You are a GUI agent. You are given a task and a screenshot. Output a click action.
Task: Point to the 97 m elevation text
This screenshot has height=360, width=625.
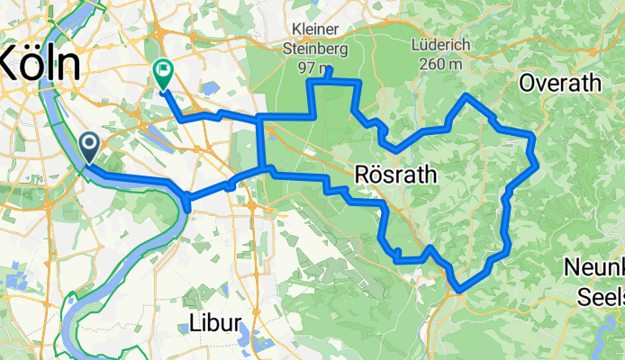[x=312, y=67]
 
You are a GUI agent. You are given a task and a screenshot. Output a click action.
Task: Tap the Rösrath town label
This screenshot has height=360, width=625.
[x=395, y=175]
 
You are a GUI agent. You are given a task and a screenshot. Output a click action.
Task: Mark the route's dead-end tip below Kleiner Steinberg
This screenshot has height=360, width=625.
[x=331, y=70]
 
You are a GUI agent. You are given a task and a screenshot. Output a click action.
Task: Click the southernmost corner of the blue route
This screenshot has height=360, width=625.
[x=458, y=289]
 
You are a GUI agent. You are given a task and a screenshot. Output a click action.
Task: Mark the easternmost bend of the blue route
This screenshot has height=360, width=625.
[x=536, y=163]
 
